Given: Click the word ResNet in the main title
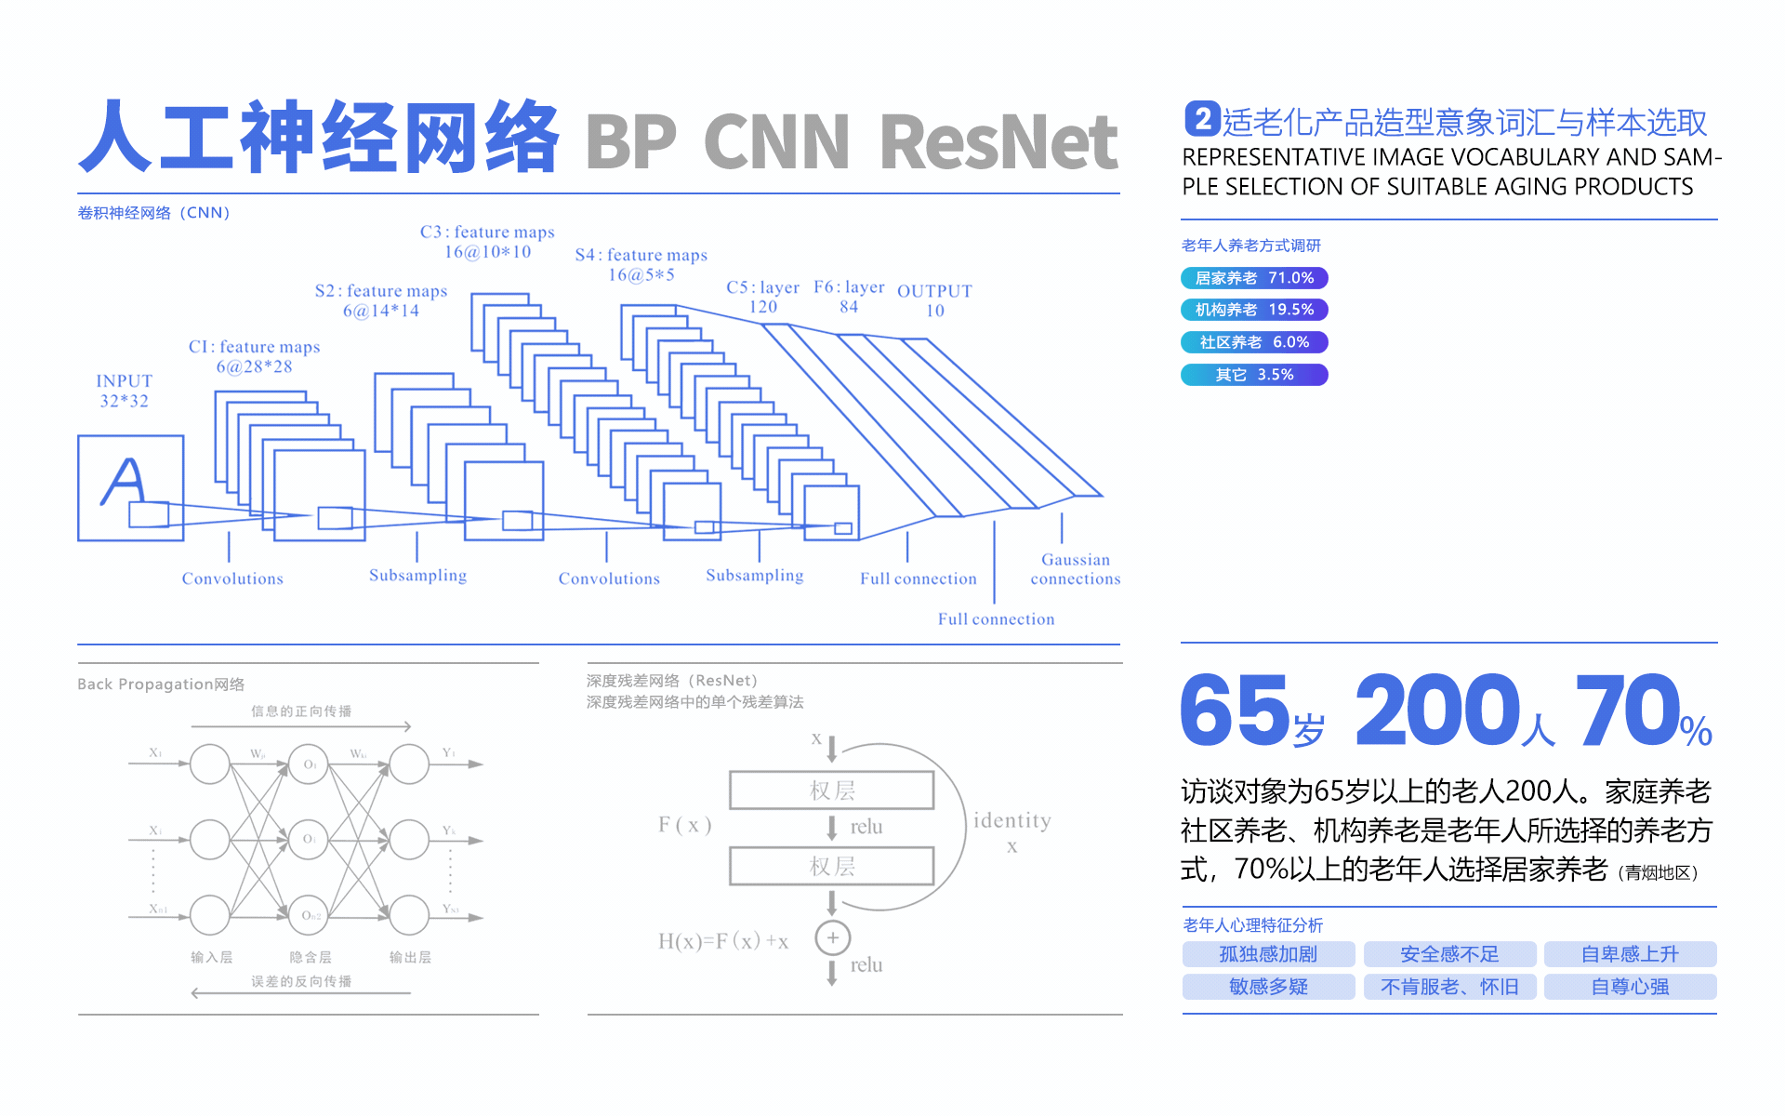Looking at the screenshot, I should pyautogui.click(x=998, y=142).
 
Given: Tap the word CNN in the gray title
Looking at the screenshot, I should pyautogui.click(x=776, y=142).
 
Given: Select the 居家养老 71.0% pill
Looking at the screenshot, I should pyautogui.click(x=1253, y=278).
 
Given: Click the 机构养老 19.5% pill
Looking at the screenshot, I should pyautogui.click(x=1253, y=310).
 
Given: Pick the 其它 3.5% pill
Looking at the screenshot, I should pyautogui.click(x=1253, y=375).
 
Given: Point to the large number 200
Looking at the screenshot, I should pyautogui.click(x=1436, y=711).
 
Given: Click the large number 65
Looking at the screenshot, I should pyautogui.click(x=1235, y=711).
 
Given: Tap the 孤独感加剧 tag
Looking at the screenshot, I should pyautogui.click(x=1268, y=954).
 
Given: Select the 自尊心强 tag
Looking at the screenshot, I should pyautogui.click(x=1630, y=987).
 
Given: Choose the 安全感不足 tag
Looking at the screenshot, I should pyautogui.click(x=1449, y=954).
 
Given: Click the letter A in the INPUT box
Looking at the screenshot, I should pyautogui.click(x=124, y=481).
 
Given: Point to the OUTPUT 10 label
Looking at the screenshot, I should pyautogui.click(x=934, y=300).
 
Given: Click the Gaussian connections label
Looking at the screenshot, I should pyautogui.click(x=1075, y=569).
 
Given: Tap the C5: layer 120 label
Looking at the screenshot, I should pyautogui.click(x=762, y=297).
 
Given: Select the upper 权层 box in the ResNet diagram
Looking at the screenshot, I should pyautogui.click(x=831, y=790).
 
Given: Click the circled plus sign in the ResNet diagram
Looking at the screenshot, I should pyautogui.click(x=832, y=937).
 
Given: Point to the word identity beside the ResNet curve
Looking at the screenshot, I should pyautogui.click(x=1011, y=820).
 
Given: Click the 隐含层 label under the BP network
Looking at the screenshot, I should pyautogui.click(x=310, y=957).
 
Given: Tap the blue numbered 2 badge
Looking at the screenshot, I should pyautogui.click(x=1201, y=119).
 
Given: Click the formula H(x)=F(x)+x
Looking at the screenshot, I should pyautogui.click(x=722, y=941).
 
